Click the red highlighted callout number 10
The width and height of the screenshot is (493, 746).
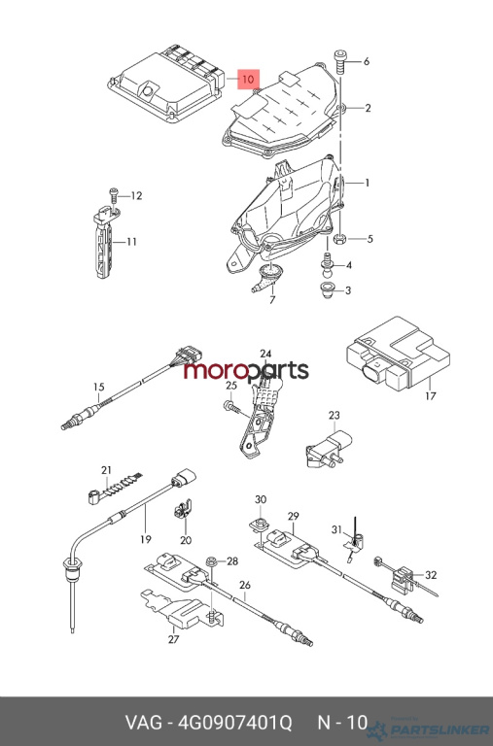click(x=249, y=79)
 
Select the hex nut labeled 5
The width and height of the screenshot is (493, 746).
click(x=340, y=238)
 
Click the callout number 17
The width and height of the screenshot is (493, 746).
click(x=430, y=395)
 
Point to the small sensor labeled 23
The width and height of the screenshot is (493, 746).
click(x=329, y=448)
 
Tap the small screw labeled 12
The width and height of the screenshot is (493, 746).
click(x=115, y=195)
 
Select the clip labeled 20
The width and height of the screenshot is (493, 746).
click(x=183, y=509)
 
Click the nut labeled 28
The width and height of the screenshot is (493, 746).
click(x=212, y=562)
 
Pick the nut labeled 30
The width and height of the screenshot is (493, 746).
click(x=260, y=523)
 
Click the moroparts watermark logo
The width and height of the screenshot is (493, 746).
click(x=246, y=371)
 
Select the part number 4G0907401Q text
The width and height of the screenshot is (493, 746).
click(x=234, y=723)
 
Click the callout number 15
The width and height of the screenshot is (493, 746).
click(x=98, y=387)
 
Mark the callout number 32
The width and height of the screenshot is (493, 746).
click(x=431, y=575)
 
